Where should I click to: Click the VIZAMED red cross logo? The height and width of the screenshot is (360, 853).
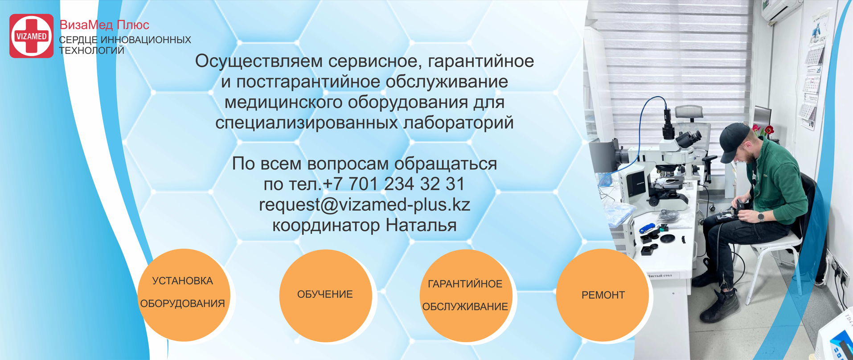(x=31, y=36)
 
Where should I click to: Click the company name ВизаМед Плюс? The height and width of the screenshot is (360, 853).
(x=104, y=25)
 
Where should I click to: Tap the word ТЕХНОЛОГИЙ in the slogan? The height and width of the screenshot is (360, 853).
(x=92, y=51)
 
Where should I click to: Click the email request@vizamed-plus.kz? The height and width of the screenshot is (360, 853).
(x=365, y=205)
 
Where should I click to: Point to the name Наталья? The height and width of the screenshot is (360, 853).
(x=421, y=225)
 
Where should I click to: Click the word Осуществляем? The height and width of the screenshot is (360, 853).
(x=259, y=61)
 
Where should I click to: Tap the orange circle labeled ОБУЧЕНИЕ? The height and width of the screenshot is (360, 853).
(x=325, y=295)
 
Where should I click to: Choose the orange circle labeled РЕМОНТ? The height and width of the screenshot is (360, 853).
(x=603, y=295)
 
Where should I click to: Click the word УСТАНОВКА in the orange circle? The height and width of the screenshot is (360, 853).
(x=183, y=281)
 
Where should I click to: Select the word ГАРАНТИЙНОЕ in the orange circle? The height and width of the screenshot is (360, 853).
(x=465, y=284)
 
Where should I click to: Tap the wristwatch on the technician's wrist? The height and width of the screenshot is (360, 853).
(x=761, y=217)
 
